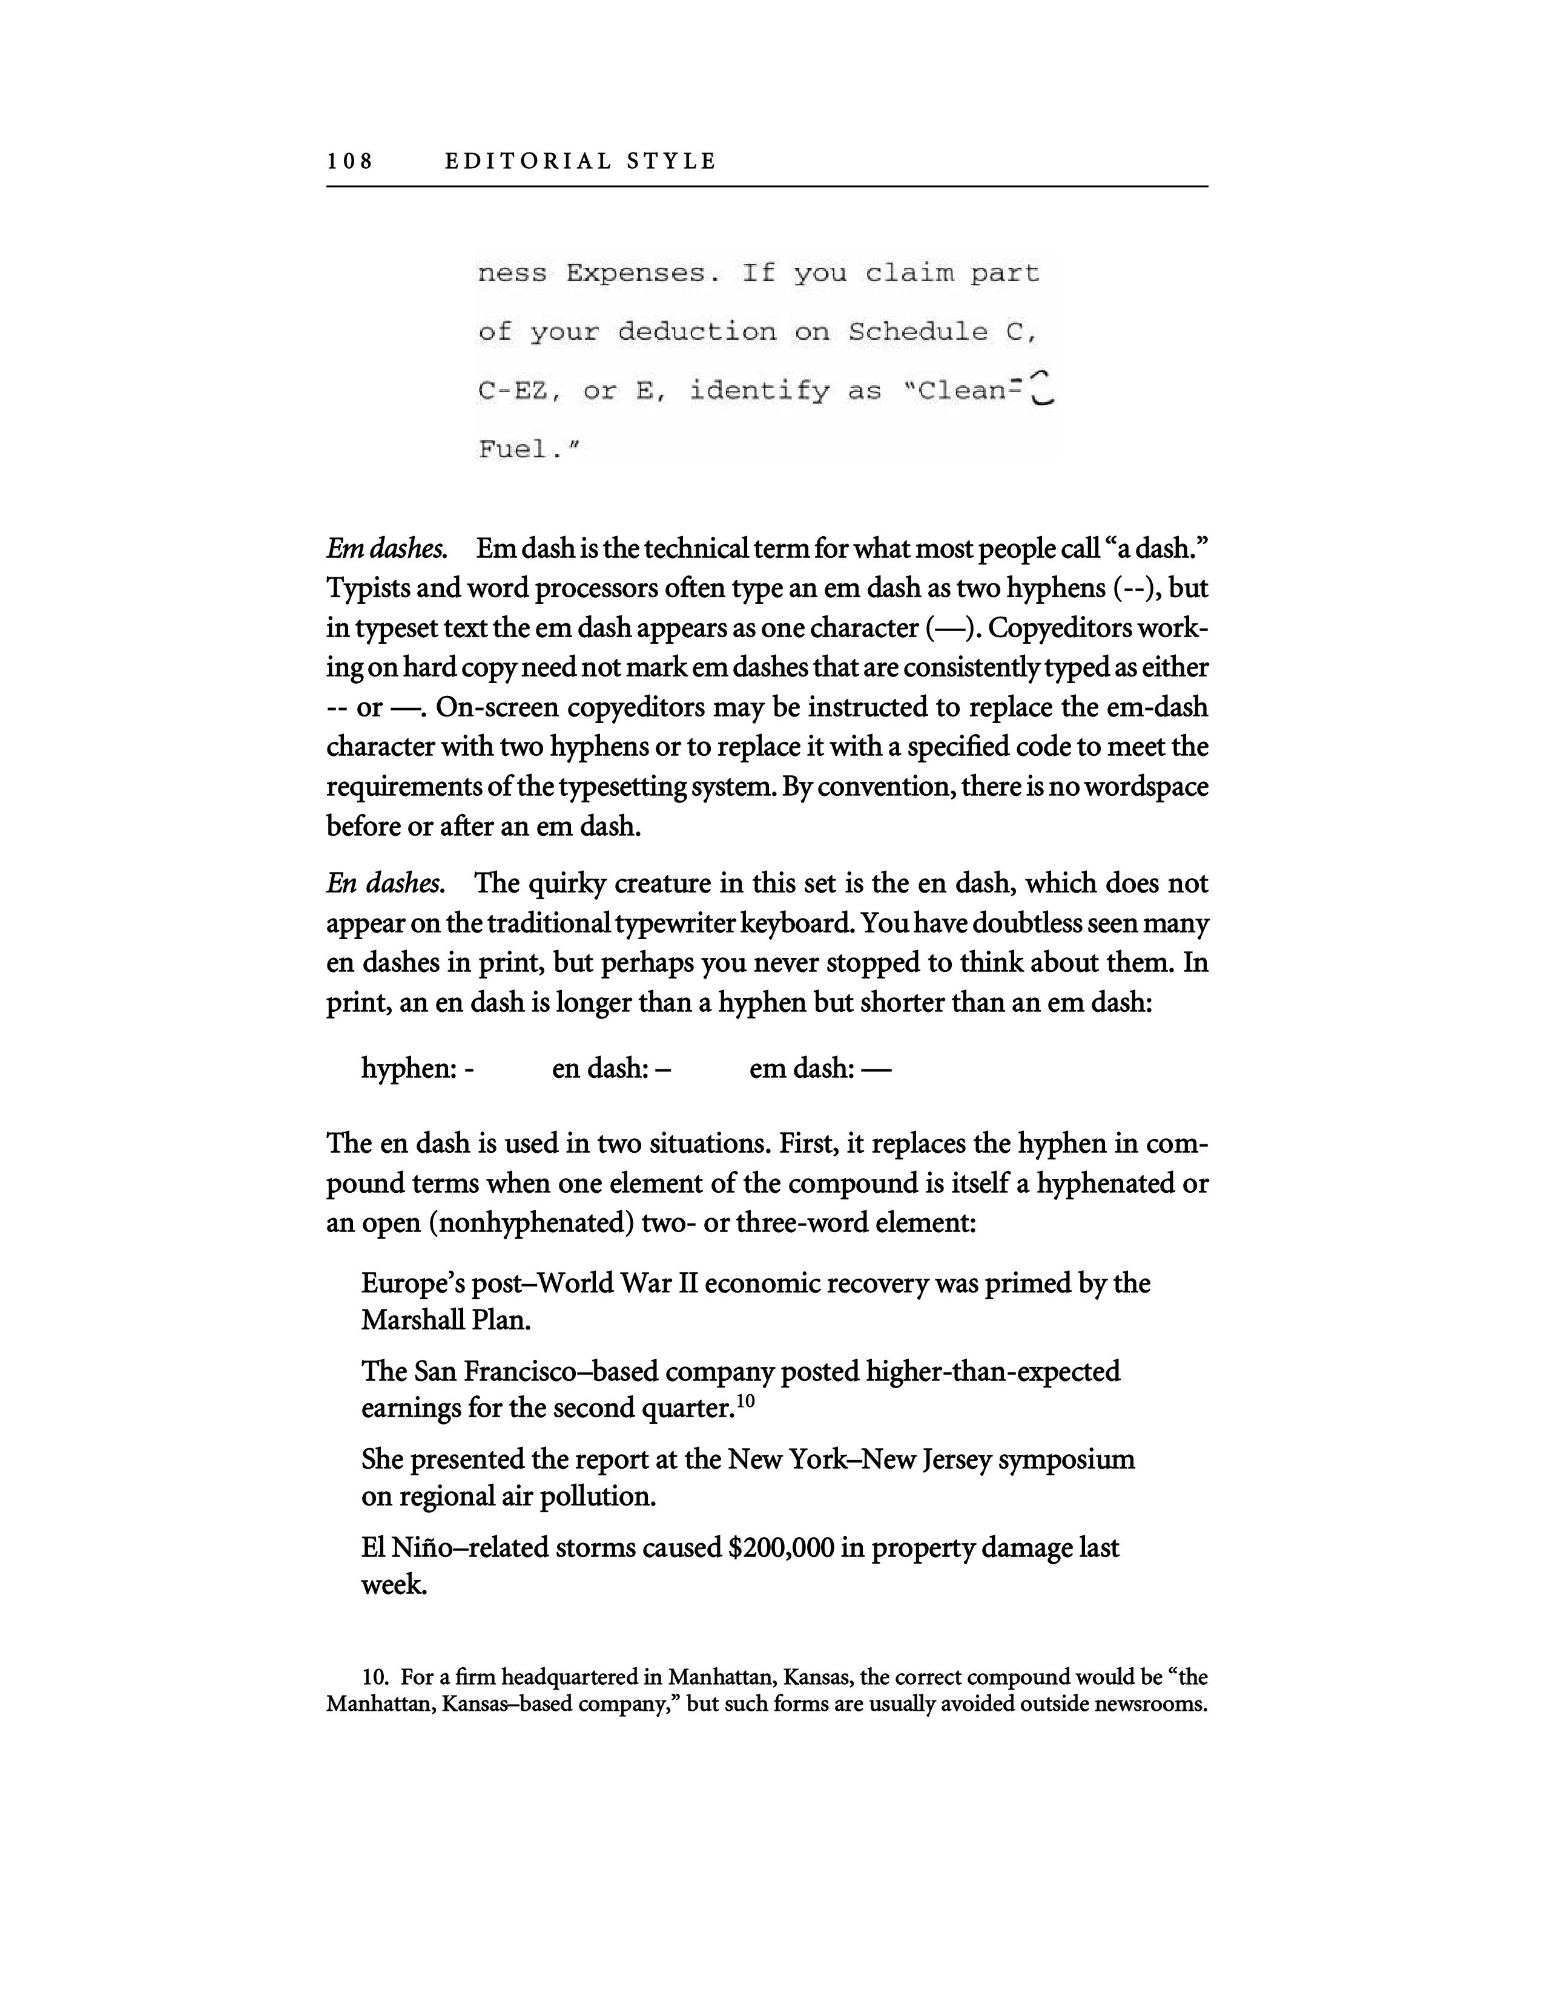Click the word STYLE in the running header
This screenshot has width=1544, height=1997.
click(671, 162)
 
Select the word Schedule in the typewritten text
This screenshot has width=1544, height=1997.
click(917, 332)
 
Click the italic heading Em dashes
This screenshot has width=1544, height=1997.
click(387, 549)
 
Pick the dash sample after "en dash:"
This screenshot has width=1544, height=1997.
click(663, 1069)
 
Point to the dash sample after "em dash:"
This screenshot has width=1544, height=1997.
click(876, 1069)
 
